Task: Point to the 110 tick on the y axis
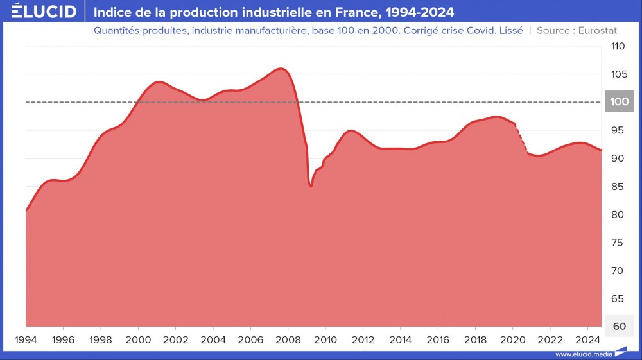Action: [618, 46]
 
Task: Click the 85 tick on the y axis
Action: [618, 187]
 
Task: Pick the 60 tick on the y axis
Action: [618, 326]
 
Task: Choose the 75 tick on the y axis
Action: [618, 243]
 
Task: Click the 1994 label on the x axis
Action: [26, 339]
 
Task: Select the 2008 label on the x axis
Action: [288, 339]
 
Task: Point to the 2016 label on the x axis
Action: [438, 339]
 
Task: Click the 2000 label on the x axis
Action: [138, 339]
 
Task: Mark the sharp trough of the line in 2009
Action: [311, 185]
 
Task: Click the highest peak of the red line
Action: [281, 69]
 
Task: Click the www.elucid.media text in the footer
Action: [583, 354]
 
